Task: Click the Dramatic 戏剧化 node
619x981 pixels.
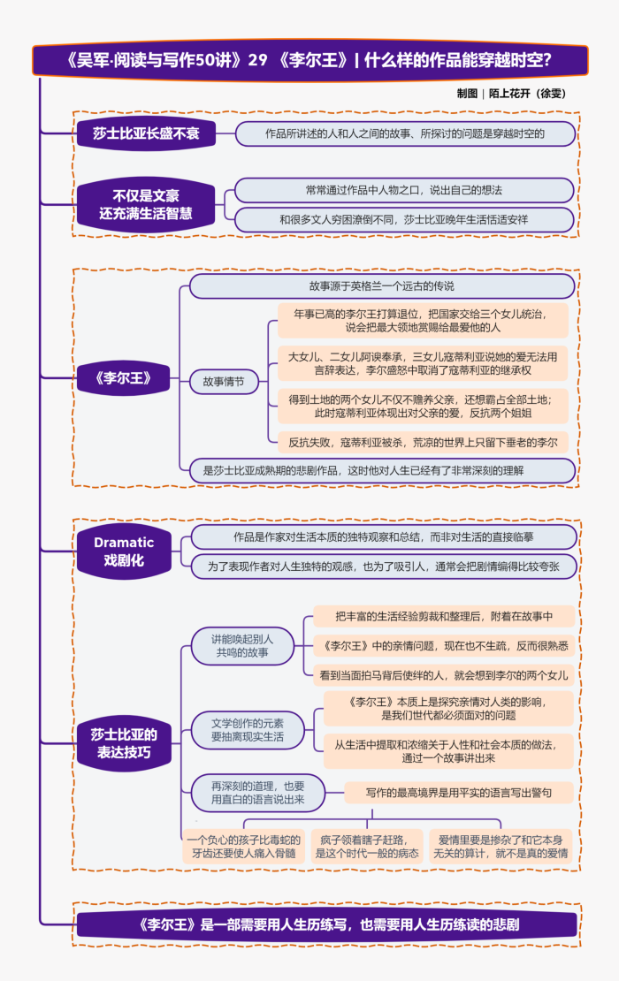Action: point(124,551)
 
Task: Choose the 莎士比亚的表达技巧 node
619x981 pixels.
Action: point(124,743)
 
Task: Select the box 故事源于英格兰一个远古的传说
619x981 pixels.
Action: point(381,286)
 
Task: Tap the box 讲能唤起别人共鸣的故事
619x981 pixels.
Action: point(242,646)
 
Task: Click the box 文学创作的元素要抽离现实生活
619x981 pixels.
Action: point(248,729)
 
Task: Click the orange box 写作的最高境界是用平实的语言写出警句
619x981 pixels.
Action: point(458,793)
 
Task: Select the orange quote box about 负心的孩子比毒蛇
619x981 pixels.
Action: point(245,846)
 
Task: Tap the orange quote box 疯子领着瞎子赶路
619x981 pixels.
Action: point(368,846)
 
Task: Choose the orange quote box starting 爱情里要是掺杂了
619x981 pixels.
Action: point(501,846)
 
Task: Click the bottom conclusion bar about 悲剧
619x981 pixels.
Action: point(327,925)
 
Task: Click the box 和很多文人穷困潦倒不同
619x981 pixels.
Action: point(403,219)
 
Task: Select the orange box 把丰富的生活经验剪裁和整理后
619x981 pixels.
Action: point(443,616)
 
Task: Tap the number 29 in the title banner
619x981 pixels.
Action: point(257,60)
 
